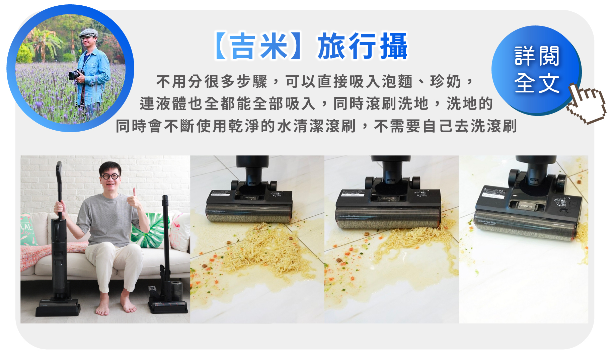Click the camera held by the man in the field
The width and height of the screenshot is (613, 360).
click(x=76, y=74)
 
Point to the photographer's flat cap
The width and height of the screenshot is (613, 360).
click(x=89, y=33)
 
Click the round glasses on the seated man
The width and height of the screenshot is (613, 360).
click(x=110, y=176)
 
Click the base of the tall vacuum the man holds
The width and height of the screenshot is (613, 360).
click(x=58, y=308)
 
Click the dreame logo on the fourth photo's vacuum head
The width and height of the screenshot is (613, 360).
click(x=526, y=206)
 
